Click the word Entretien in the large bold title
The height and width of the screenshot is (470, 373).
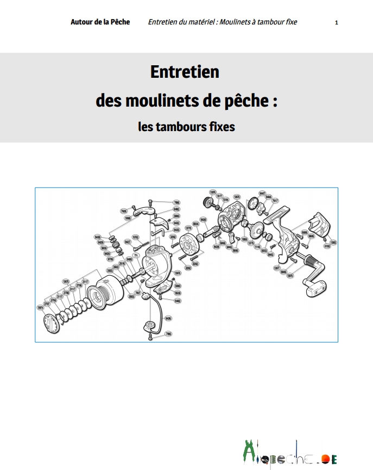coord(184,72)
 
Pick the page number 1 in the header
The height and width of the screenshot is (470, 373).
coord(337,22)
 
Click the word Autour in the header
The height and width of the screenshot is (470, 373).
coord(82,22)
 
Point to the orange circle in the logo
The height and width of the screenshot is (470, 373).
coord(325,460)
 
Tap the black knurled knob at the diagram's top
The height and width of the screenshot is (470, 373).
coord(207,203)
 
